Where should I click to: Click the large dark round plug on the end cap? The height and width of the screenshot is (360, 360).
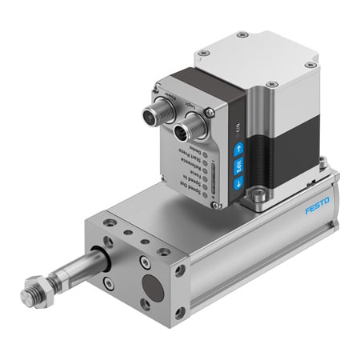pos(151,287)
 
